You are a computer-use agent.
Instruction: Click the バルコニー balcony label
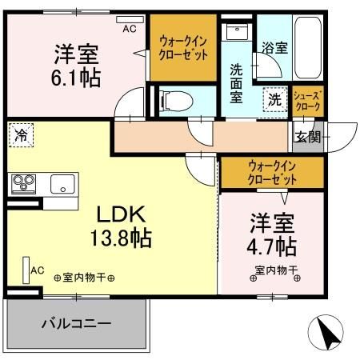[x=77, y=323]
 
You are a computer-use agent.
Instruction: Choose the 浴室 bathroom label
[x=276, y=48]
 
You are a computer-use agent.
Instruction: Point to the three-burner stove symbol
[x=24, y=183]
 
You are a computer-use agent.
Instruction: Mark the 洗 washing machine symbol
[x=274, y=100]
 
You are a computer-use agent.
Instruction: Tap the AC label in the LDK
[x=37, y=271]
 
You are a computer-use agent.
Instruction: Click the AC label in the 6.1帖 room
[x=130, y=28]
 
